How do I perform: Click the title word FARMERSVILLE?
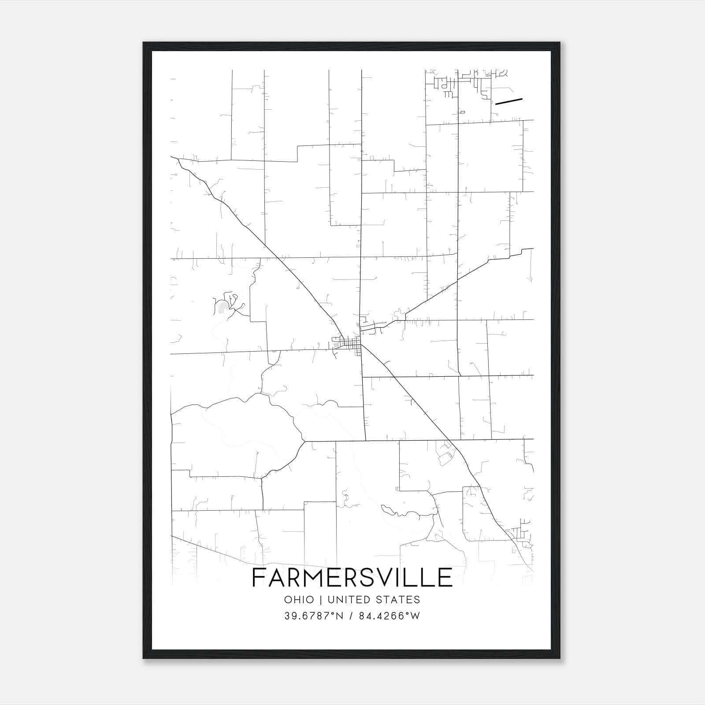pos(352,578)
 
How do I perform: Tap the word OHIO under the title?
pos(299,600)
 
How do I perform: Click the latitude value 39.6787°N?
pos(313,616)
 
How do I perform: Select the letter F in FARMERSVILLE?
pos(258,578)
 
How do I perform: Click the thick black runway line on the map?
pos(508,101)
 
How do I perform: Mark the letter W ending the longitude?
pos(416,616)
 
